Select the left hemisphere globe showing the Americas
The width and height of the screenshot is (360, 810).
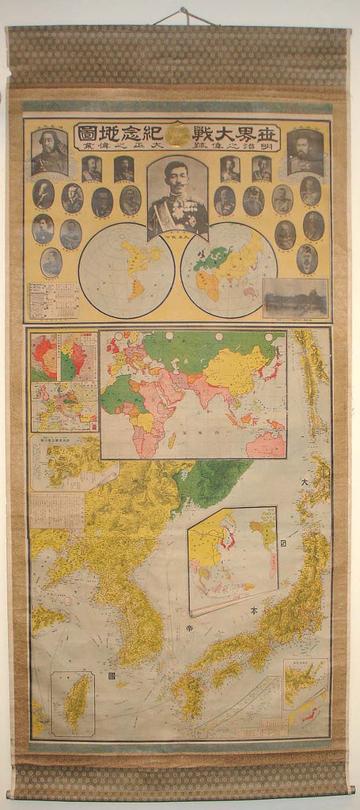click(127, 271)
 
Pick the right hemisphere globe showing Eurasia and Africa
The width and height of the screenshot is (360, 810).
click(229, 271)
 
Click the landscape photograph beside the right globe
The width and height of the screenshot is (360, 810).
click(295, 298)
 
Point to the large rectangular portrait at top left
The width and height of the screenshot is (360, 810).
click(49, 151)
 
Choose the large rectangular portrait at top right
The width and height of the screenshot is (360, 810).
click(305, 151)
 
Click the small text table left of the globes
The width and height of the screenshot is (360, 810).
click(53, 301)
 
